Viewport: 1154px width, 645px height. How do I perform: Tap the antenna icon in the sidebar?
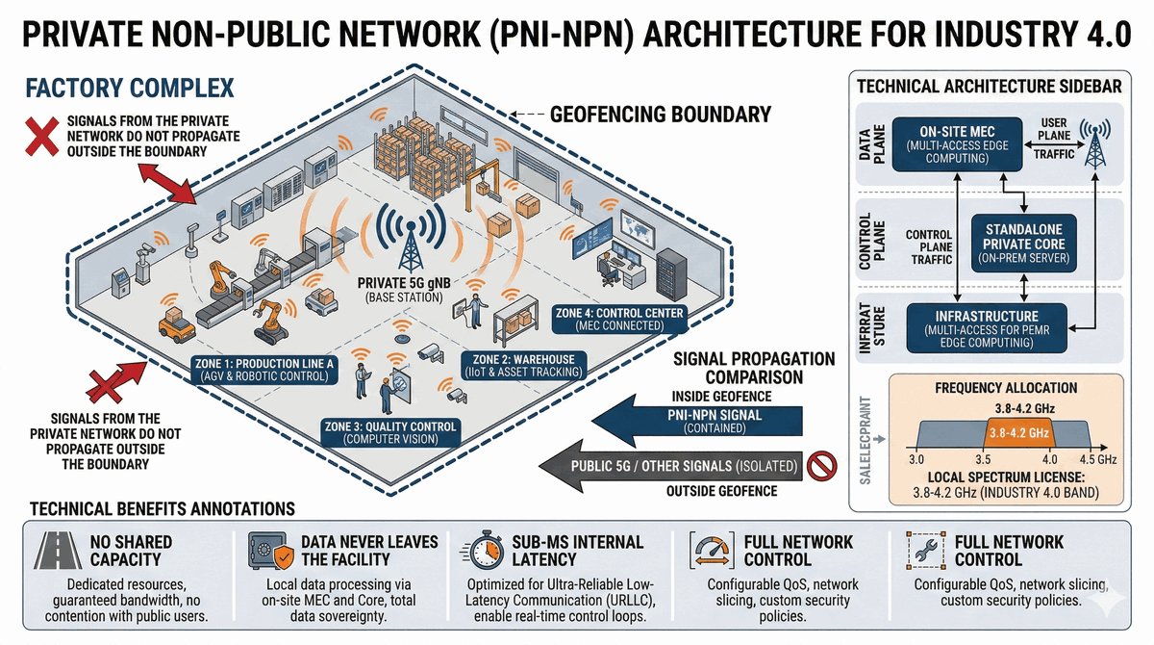tap(1094, 144)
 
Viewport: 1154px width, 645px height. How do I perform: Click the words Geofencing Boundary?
tap(660, 115)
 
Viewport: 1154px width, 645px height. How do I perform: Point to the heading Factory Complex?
tap(129, 90)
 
